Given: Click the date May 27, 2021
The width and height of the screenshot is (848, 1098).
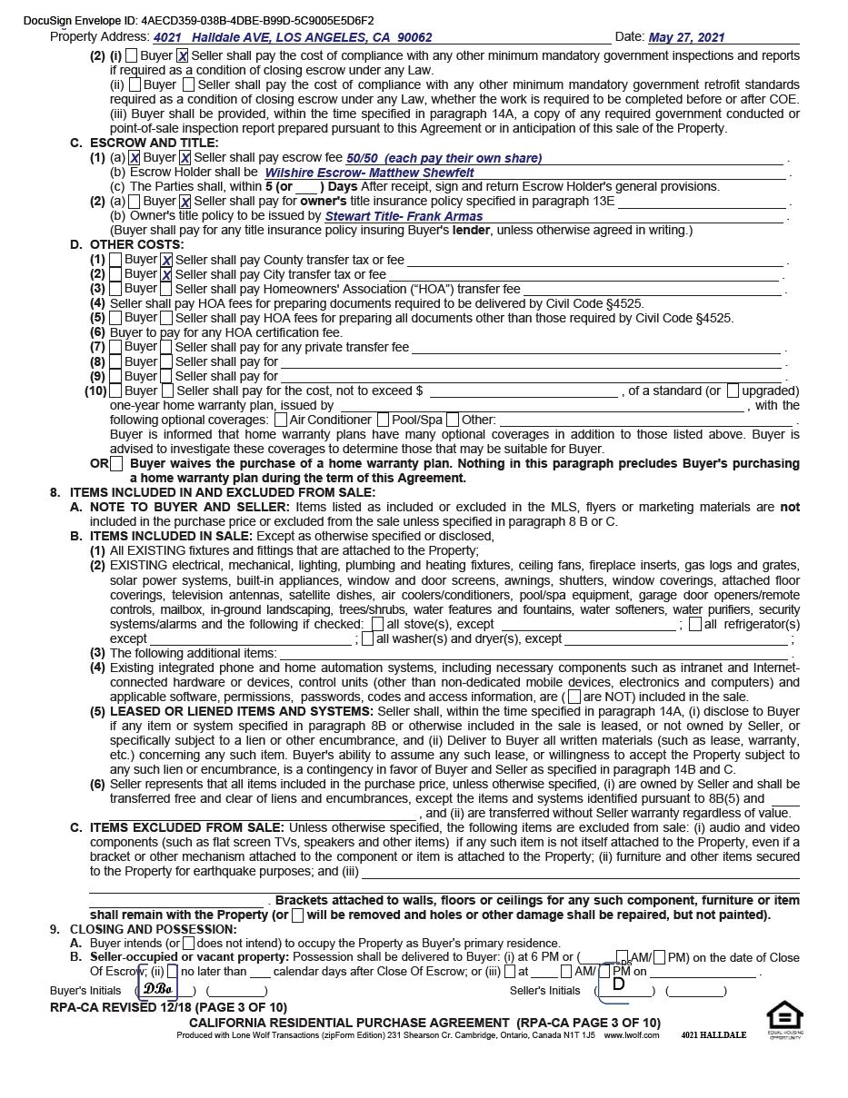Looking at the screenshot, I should (x=686, y=37).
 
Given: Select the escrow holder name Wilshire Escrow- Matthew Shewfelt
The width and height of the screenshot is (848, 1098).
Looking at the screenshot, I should (x=369, y=173).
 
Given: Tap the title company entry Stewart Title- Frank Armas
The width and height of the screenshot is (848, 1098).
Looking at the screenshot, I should (x=404, y=216).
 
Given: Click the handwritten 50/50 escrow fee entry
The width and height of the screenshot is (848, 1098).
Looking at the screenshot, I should (x=444, y=158).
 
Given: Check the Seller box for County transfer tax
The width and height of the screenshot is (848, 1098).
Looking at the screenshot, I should (x=166, y=260).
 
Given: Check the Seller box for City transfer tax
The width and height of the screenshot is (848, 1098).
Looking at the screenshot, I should (x=166, y=274).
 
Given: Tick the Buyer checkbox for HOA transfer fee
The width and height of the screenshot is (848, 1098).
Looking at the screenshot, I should (x=115, y=289).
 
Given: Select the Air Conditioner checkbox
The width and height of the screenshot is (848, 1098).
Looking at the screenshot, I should (x=281, y=420).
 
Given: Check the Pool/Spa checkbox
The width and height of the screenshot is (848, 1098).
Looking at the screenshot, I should (x=383, y=420).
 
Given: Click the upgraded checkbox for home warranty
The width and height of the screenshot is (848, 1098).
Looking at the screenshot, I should (x=733, y=391).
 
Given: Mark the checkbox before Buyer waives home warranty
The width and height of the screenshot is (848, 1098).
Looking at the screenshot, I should (x=116, y=464).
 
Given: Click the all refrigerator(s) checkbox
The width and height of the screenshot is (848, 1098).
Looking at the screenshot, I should (x=695, y=624).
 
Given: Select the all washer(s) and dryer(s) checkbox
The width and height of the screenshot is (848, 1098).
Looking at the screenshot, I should (x=368, y=638).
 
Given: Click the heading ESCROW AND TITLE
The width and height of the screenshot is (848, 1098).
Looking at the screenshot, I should (x=154, y=143).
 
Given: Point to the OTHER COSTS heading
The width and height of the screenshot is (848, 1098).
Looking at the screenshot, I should (x=136, y=244).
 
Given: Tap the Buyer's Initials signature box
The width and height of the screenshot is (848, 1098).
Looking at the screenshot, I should (x=158, y=988).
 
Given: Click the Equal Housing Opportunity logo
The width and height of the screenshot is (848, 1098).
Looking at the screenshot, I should (x=784, y=1018).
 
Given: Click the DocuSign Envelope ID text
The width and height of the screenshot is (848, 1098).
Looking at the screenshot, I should (x=198, y=20).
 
